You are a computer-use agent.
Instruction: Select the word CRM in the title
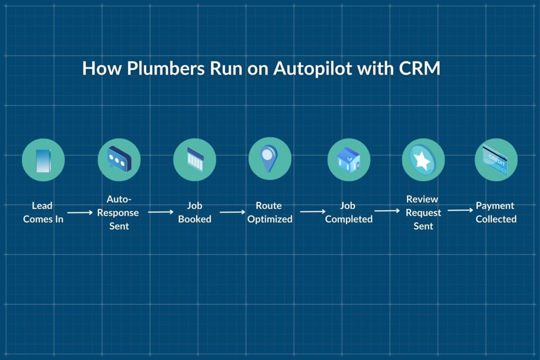(x=420, y=69)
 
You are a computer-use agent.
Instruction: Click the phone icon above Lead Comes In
(x=43, y=160)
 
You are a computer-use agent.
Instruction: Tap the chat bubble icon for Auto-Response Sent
(x=119, y=160)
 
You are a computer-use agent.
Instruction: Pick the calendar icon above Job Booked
(x=195, y=160)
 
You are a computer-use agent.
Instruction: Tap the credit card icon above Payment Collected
(x=496, y=160)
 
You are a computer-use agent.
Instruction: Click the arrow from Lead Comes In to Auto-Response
(x=80, y=212)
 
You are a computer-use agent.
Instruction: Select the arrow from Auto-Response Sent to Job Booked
(x=160, y=212)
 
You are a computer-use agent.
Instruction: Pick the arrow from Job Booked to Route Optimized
(x=233, y=212)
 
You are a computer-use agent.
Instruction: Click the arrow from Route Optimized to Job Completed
(x=313, y=212)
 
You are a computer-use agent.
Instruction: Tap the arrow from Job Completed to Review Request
(x=387, y=211)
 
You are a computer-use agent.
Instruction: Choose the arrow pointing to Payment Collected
(x=460, y=211)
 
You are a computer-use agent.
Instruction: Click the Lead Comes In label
(x=43, y=212)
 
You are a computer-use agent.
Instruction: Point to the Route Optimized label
(x=269, y=212)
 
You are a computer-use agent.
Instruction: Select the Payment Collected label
(x=496, y=212)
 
